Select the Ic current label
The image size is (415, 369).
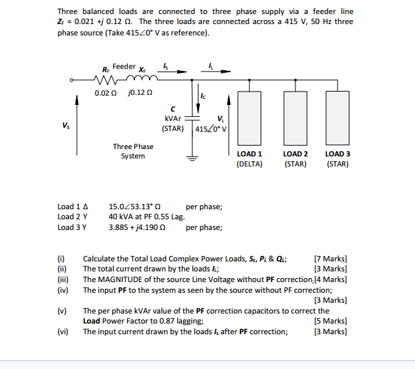coord(202,99)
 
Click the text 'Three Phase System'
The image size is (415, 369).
coord(132,151)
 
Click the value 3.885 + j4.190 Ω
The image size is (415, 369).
coord(138,227)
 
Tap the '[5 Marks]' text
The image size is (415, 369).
coord(330,321)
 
